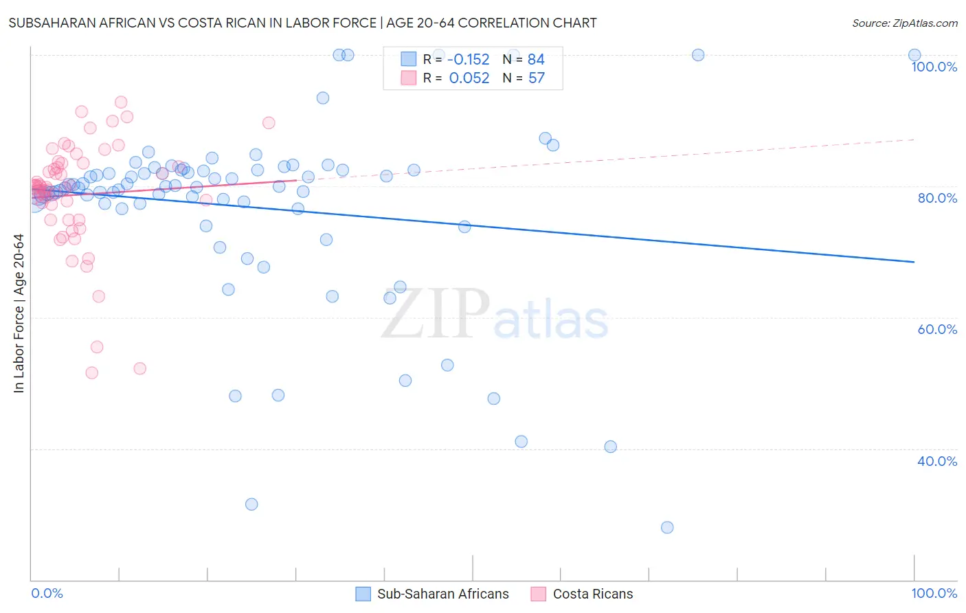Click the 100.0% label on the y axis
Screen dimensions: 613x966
pyautogui.click(x=934, y=67)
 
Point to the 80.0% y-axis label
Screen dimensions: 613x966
pyautogui.click(x=937, y=198)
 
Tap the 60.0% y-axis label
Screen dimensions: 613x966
pyautogui.click(x=937, y=329)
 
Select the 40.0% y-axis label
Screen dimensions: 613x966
pyautogui.click(x=937, y=461)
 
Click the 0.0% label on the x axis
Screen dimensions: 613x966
pyautogui.click(x=47, y=593)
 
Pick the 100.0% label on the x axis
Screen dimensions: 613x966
pyautogui.click(x=934, y=593)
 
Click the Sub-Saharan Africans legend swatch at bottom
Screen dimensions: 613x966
pyautogui.click(x=363, y=594)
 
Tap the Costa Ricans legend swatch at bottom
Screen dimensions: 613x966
pyautogui.click(x=539, y=594)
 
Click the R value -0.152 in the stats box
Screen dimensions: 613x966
pyautogui.click(x=469, y=59)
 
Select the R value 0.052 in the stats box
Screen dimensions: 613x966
pyautogui.click(x=469, y=78)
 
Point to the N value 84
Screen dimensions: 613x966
pyautogui.click(x=536, y=59)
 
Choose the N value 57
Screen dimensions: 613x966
pyautogui.click(x=536, y=78)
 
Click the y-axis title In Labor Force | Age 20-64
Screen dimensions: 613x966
pyautogui.click(x=19, y=313)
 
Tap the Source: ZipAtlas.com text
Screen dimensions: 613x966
pyautogui.click(x=904, y=23)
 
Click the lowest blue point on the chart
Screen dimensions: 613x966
pyautogui.click(x=667, y=527)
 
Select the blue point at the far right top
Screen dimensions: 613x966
pyautogui.click(x=914, y=55)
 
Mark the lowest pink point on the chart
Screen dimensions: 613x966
pyautogui.click(x=91, y=372)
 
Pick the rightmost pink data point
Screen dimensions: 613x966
pyautogui.click(x=269, y=122)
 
